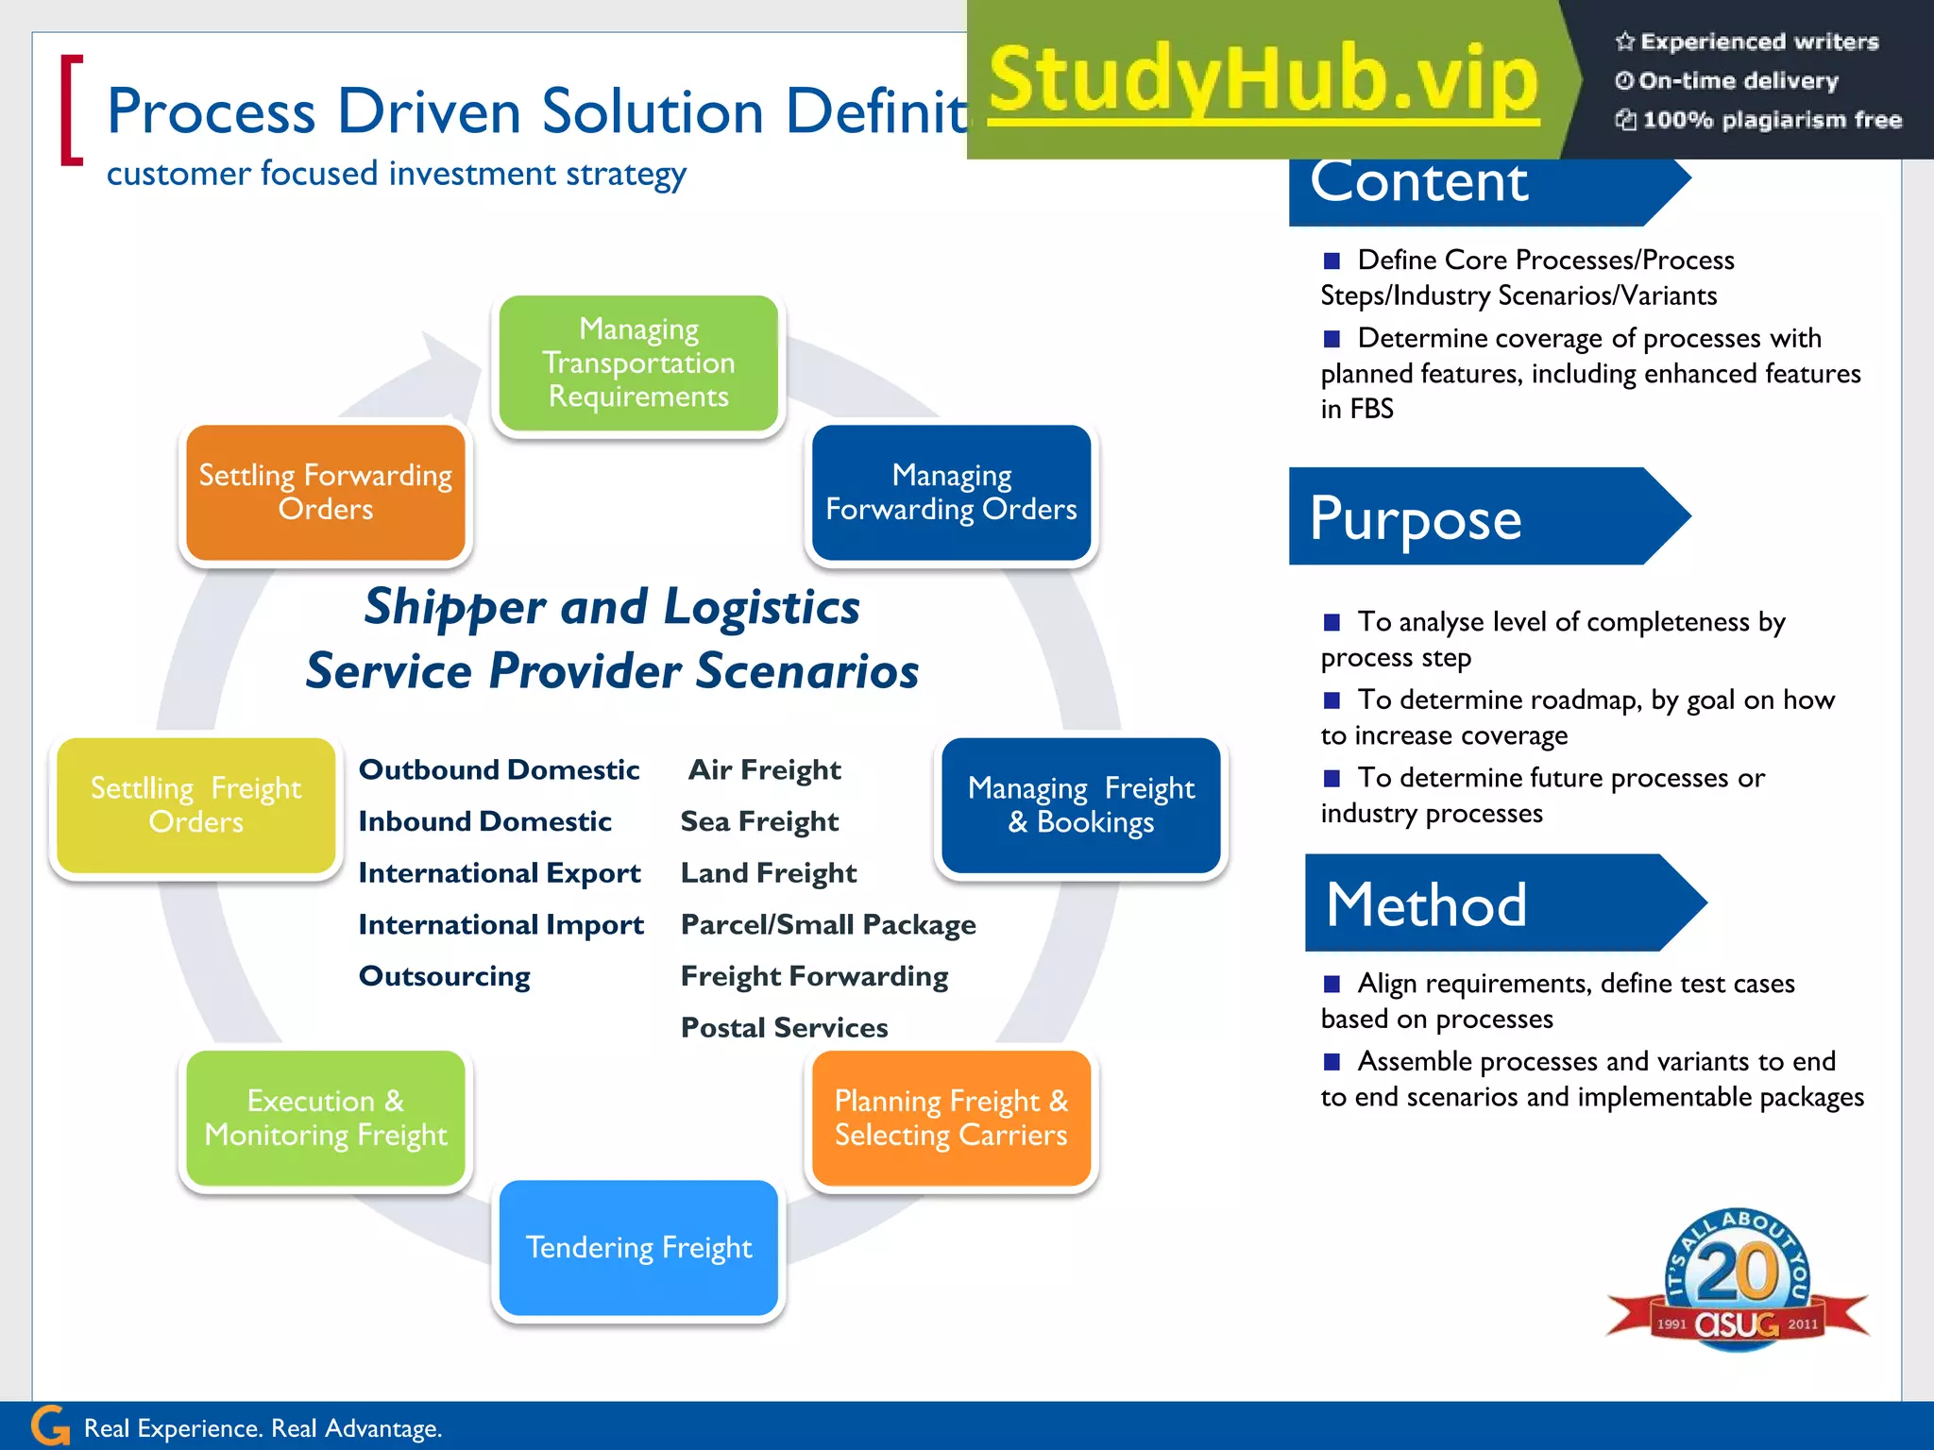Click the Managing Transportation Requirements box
click(638, 363)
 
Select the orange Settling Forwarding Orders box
click(326, 492)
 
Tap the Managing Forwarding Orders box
click(951, 492)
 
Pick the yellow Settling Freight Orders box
click(196, 805)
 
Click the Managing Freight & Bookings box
click(1081, 805)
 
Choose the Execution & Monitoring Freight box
click(326, 1118)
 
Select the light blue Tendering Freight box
click(638, 1247)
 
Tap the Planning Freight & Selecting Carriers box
click(951, 1118)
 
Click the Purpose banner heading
click(1417, 517)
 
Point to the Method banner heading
click(1426, 903)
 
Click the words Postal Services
click(784, 1027)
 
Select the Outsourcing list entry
click(444, 976)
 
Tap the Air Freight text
click(764, 770)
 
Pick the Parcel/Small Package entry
click(828, 925)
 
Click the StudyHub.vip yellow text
click(1264, 80)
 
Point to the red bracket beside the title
click(71, 110)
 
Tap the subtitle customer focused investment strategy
click(396, 175)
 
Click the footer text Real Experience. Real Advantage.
click(263, 1428)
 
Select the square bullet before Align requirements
click(1332, 984)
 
